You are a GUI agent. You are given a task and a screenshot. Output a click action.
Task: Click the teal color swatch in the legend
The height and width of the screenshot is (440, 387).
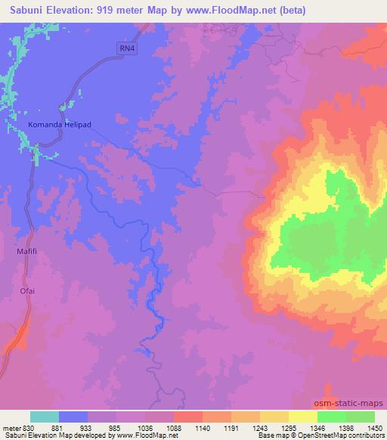click(45, 417)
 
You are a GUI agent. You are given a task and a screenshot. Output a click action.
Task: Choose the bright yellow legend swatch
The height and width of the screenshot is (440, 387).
click(303, 417)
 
